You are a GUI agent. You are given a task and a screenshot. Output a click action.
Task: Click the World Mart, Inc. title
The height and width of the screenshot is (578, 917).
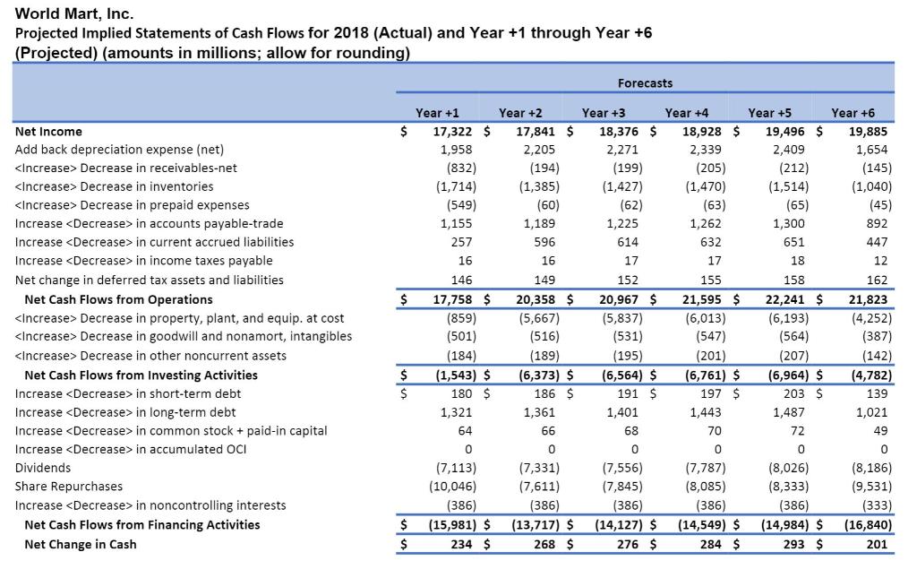pyautogui.click(x=74, y=13)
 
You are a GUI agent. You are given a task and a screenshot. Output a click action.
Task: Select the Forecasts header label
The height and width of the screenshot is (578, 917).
pyautogui.click(x=645, y=82)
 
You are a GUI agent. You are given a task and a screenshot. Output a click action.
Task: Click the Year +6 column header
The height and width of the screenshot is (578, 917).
pyautogui.click(x=853, y=113)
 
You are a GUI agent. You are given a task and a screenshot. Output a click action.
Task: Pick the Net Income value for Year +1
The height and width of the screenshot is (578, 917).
pyautogui.click(x=453, y=131)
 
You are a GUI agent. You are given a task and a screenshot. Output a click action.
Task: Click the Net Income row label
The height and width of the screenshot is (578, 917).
pyautogui.click(x=48, y=131)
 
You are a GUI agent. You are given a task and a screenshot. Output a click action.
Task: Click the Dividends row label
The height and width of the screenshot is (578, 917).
pyautogui.click(x=43, y=468)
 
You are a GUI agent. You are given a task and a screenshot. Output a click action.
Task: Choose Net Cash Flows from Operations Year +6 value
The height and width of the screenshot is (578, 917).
pyautogui.click(x=868, y=299)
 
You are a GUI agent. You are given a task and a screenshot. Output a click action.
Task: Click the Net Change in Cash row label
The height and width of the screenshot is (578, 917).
pyautogui.click(x=81, y=544)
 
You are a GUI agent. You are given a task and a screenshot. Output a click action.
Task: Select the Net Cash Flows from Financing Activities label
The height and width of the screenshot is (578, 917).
pyautogui.click(x=142, y=524)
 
